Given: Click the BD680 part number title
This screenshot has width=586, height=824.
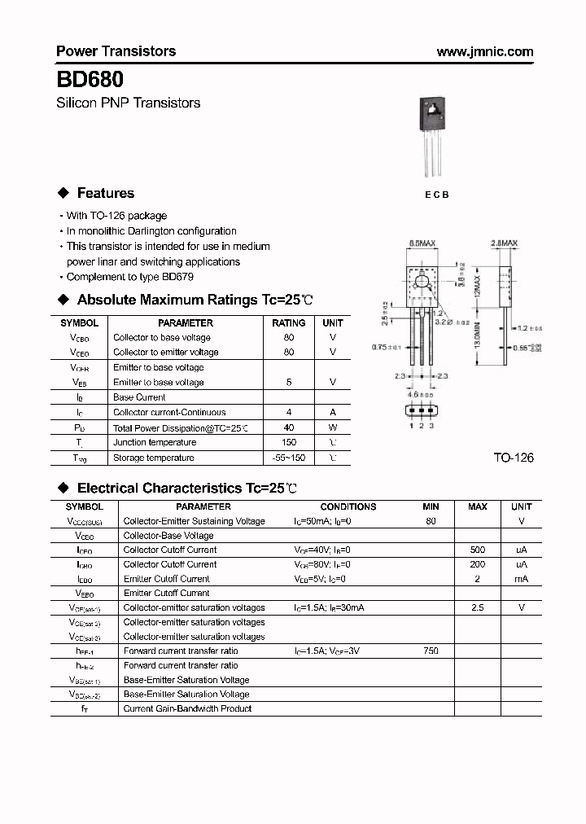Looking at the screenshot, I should point(90,80).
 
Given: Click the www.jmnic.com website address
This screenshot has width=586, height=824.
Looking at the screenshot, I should point(485,51).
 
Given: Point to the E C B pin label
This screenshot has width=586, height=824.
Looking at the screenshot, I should point(435,195).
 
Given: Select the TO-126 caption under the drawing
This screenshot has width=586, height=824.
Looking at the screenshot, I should point(513,458).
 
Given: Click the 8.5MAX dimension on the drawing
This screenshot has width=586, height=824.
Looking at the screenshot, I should point(423,243).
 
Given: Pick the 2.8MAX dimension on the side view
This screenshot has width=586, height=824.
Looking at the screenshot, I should point(505,243).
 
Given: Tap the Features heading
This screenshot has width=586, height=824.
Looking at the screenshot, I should point(105,193).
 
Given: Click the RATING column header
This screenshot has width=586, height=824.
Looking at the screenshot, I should point(288,322).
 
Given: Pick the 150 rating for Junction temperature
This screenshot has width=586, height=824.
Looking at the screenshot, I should point(288,442).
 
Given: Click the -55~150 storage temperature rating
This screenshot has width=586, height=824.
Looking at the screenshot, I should point(288,458).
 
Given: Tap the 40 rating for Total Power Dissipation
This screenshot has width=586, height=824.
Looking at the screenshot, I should point(288,427).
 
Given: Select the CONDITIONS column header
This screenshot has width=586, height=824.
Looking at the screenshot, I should point(348,506).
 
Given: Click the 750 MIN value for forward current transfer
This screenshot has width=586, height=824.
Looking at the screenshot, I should point(431,651).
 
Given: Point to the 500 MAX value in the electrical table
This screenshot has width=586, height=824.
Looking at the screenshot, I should point(477,550).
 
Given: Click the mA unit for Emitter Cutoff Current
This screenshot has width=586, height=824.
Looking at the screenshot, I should point(521,579).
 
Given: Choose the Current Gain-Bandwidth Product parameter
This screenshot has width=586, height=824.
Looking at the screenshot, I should point(187,709).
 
